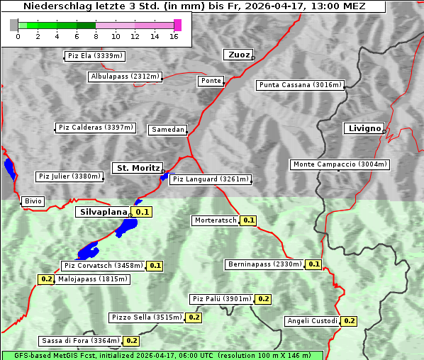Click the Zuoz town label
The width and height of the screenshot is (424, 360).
click(x=238, y=55)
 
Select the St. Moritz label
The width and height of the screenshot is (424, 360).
click(x=138, y=168)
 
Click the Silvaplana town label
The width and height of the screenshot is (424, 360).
click(x=103, y=212)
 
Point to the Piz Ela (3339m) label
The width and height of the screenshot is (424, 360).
click(x=94, y=56)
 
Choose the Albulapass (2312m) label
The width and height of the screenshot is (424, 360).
click(x=125, y=77)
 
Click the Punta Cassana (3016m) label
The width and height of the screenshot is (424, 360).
click(x=300, y=85)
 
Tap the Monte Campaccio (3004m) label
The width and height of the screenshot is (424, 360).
click(x=340, y=164)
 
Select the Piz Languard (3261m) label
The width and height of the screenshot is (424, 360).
click(x=211, y=179)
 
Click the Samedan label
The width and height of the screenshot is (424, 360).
click(x=168, y=130)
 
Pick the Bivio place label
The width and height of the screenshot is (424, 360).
click(x=33, y=201)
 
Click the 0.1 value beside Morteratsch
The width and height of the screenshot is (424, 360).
click(x=249, y=220)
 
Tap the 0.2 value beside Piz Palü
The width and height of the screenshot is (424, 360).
click(x=263, y=299)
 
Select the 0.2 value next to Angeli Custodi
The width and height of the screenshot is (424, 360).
click(x=349, y=321)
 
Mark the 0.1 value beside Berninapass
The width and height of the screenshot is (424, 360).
click(x=314, y=264)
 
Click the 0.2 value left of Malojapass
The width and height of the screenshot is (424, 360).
click(x=46, y=279)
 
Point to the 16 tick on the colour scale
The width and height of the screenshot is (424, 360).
click(x=174, y=36)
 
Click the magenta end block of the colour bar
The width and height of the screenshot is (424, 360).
click(x=177, y=25)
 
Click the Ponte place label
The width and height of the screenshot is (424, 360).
click(x=211, y=81)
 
